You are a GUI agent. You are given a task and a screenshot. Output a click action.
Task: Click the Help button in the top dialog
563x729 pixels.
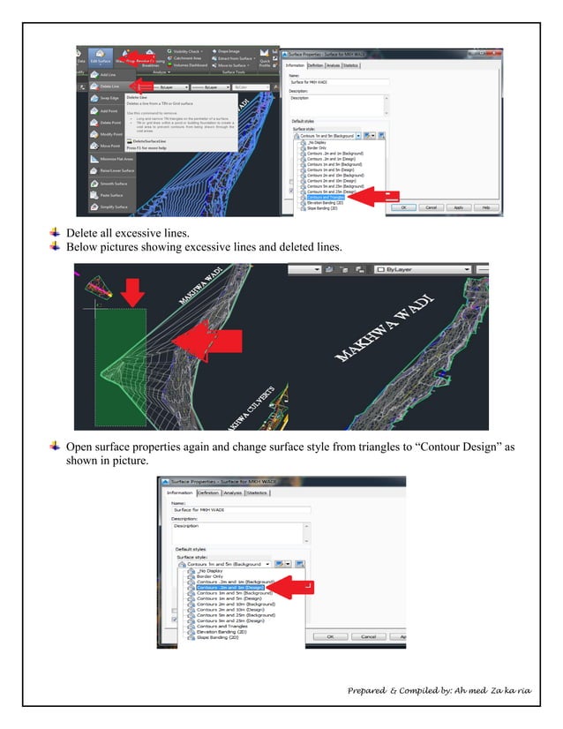pyautogui.click(x=484, y=207)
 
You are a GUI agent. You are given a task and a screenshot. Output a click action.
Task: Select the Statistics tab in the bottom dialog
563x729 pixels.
pyautogui.click(x=257, y=492)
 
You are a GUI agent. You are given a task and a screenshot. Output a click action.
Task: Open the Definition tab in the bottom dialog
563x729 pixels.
pyautogui.click(x=209, y=492)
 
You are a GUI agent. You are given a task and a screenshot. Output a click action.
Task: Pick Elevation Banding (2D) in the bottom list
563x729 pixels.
pyautogui.click(x=218, y=631)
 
